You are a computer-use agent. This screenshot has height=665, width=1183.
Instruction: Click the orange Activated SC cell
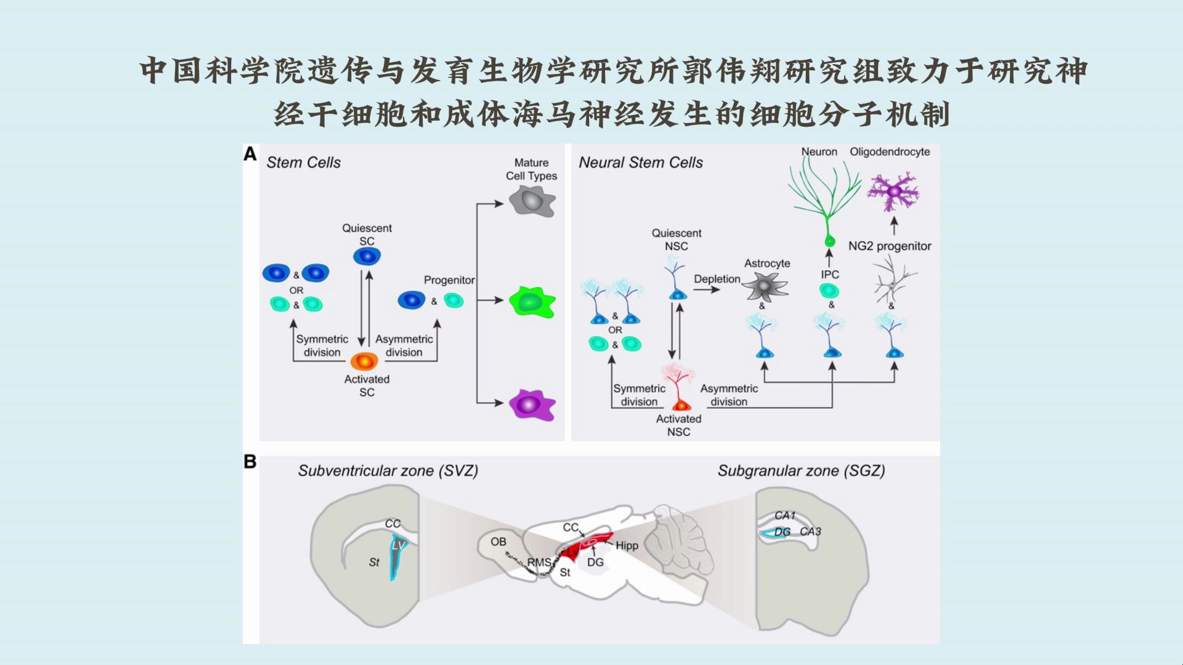364,361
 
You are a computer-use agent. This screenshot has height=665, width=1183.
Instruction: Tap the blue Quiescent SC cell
367,256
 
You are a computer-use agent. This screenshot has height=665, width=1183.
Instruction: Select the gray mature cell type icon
532,201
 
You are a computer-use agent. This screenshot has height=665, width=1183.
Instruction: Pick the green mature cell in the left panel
531,302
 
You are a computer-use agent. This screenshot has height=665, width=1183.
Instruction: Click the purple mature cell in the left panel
531,405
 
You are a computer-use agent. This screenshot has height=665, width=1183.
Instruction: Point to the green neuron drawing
826,197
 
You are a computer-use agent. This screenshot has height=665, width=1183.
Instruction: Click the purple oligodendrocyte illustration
893,192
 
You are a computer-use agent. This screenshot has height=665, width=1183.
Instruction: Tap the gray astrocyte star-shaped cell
765,287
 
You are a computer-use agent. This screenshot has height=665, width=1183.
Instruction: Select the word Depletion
717,279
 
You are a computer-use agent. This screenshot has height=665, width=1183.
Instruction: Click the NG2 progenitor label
889,246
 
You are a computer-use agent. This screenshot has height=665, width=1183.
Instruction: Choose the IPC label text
829,275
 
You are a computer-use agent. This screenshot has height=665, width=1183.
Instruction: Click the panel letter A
250,154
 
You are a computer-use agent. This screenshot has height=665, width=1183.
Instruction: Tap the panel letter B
250,462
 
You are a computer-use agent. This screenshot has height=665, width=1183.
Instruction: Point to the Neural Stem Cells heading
640,163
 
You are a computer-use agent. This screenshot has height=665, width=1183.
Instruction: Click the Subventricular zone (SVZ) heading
388,471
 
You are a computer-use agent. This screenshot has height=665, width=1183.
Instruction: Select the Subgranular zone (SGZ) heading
801,471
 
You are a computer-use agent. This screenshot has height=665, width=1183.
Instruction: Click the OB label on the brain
498,542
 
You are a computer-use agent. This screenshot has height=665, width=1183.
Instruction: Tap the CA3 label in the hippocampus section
810,531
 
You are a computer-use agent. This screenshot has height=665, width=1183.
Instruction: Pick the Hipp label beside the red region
627,546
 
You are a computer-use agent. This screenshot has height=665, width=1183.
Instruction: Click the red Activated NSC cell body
681,406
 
